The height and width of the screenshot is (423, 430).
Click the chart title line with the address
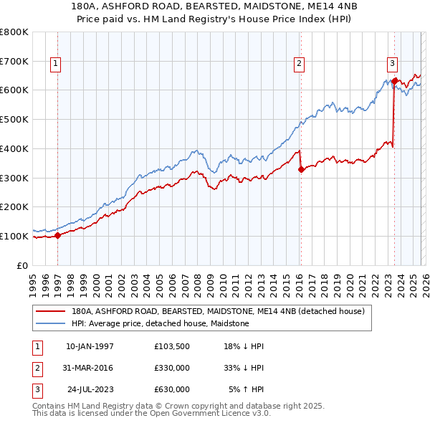[215, 6]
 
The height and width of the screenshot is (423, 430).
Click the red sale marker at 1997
[58, 235]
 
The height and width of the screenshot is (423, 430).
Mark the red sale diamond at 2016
[301, 169]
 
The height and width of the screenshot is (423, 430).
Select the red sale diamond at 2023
[394, 81]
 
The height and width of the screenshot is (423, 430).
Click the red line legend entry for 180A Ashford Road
[219, 311]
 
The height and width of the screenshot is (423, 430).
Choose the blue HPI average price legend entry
[160, 324]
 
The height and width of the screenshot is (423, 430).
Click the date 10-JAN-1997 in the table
[90, 346]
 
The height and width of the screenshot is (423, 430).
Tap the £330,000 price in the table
[172, 368]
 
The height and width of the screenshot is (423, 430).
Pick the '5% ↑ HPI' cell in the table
[246, 389]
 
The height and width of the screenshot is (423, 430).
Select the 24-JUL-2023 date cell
[90, 389]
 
